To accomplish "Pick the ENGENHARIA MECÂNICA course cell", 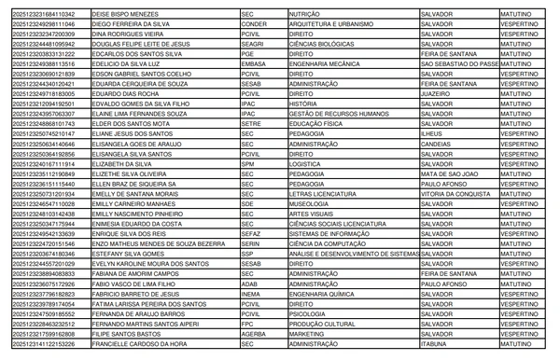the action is [x=329, y=64].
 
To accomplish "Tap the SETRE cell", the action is [x=251, y=123].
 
